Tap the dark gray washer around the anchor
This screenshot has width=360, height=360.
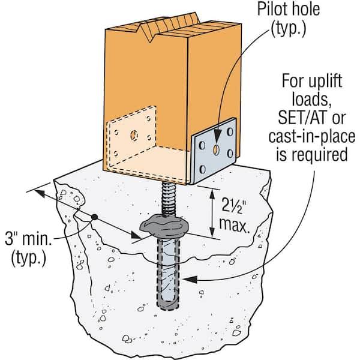[164, 227]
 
